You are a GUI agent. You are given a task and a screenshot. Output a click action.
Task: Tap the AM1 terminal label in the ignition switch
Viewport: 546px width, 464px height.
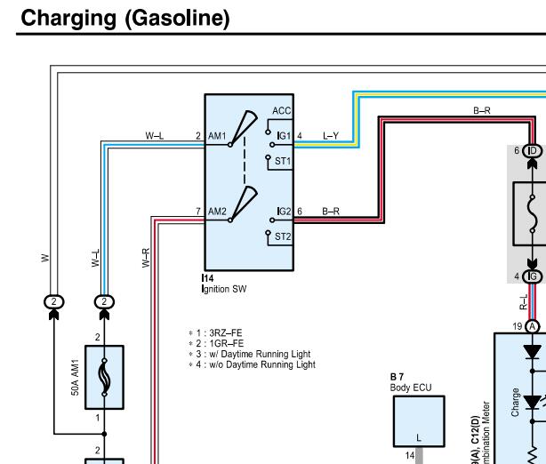218,136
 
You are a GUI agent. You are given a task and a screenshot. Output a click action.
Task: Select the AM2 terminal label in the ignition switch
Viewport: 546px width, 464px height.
218,212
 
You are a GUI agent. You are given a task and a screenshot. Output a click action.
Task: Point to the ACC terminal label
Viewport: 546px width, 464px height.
282,111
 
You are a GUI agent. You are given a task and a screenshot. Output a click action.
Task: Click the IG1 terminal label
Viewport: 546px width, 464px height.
284,136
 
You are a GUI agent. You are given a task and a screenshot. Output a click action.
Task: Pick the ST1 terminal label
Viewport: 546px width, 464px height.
283,160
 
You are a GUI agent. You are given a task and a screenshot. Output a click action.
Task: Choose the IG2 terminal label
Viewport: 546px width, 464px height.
284,212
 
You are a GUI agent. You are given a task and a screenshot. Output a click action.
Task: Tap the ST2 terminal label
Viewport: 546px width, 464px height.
283,236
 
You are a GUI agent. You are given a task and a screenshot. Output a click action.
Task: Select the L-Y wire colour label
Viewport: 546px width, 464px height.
331,136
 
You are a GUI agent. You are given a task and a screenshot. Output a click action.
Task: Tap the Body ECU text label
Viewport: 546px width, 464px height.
410,388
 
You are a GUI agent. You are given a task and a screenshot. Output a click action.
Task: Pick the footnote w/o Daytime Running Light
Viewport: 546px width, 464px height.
245,364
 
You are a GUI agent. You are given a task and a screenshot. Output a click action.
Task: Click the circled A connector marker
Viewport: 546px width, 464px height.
534,326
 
